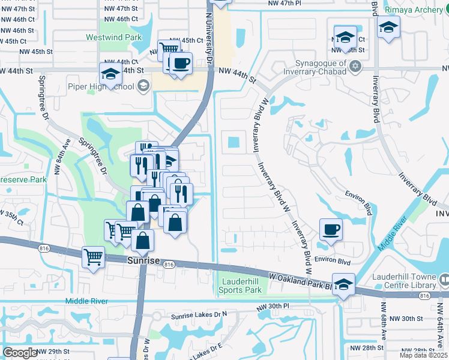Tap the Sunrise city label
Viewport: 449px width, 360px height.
pos(144,261)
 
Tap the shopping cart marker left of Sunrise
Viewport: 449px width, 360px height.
pos(94,257)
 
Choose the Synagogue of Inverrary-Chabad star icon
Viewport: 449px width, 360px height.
pos(355,66)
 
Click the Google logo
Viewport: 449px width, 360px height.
pos(20,353)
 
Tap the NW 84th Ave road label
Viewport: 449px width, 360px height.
pos(64,155)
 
